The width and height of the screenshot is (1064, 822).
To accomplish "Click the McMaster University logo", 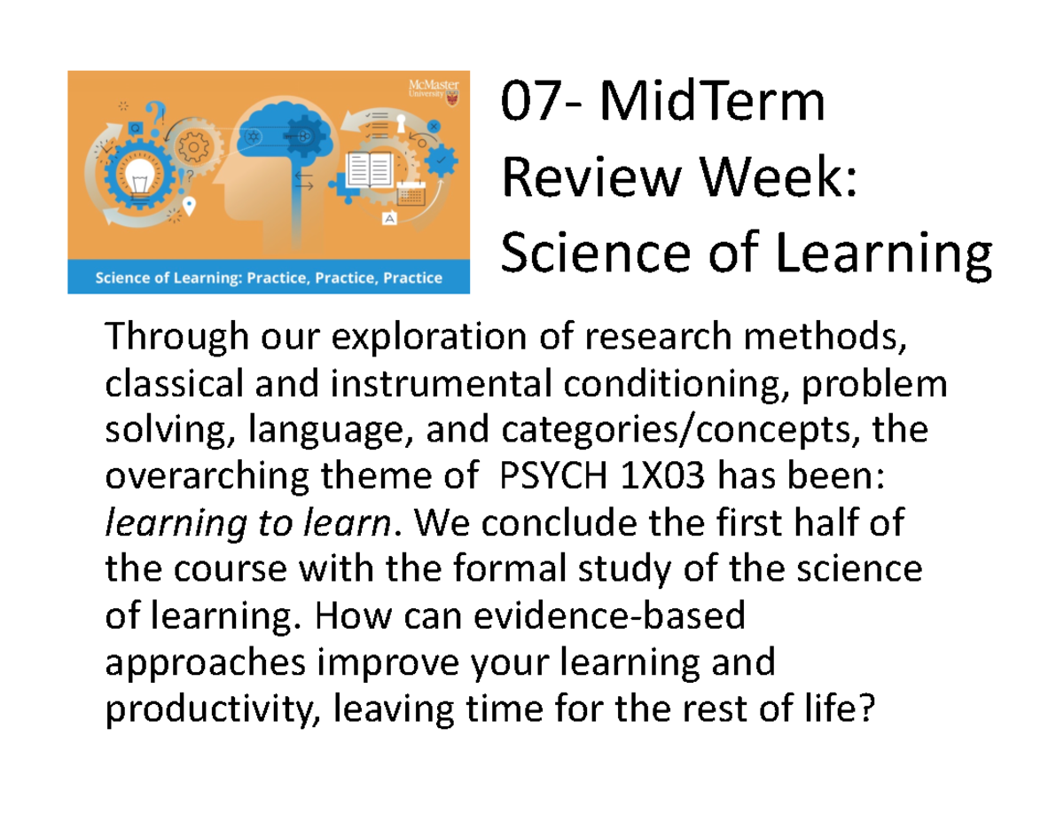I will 434,90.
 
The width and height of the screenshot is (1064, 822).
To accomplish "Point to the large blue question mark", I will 156,114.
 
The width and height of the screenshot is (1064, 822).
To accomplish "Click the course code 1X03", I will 665,478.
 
